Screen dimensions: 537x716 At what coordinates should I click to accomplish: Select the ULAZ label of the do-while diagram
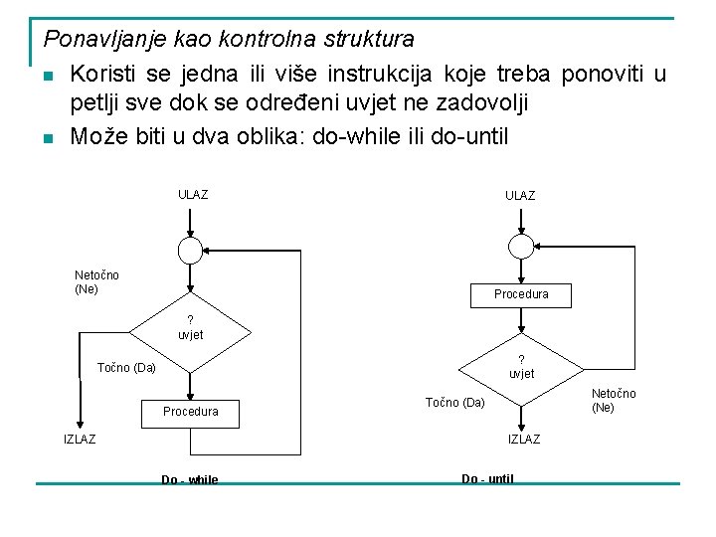pyautogui.click(x=193, y=195)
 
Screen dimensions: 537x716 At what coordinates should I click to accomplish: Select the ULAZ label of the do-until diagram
pyautogui.click(x=520, y=196)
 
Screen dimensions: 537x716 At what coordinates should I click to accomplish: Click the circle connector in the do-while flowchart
pyautogui.click(x=192, y=248)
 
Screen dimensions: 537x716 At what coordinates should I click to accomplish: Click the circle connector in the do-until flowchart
pyautogui.click(x=520, y=247)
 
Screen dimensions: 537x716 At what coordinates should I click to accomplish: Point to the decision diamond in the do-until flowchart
pyautogui.click(x=520, y=366)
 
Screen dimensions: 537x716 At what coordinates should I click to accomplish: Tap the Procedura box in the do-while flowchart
pyautogui.click(x=191, y=411)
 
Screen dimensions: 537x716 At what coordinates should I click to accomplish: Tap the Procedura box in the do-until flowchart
pyautogui.click(x=521, y=294)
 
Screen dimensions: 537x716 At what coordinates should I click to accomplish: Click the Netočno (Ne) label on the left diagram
pyautogui.click(x=96, y=281)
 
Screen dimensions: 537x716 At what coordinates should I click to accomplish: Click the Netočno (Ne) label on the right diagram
pyautogui.click(x=614, y=401)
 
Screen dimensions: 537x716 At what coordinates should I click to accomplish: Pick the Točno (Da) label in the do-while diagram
pyautogui.click(x=126, y=368)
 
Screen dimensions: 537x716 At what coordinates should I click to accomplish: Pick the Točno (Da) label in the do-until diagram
pyautogui.click(x=455, y=403)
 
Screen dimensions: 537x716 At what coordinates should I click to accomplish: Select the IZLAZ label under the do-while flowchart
pyautogui.click(x=80, y=440)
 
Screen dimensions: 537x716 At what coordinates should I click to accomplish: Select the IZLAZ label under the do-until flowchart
pyautogui.click(x=524, y=440)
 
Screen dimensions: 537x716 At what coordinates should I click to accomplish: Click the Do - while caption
pyautogui.click(x=190, y=480)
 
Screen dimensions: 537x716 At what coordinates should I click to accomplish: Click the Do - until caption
pyautogui.click(x=487, y=478)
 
